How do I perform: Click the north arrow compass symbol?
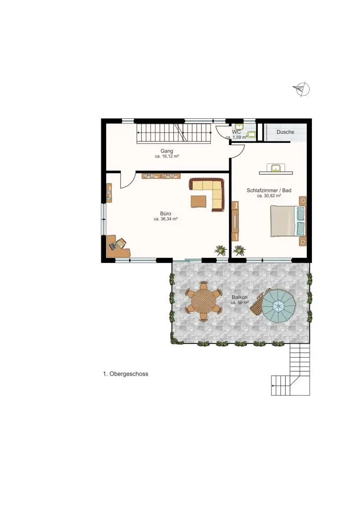302,89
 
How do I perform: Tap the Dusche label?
286,132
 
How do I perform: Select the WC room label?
237,132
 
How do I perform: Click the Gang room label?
167,151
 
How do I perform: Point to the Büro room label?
165,213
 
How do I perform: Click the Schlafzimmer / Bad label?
269,190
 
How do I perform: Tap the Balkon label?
239,297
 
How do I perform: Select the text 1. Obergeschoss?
126,374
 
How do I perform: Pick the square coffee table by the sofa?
198,201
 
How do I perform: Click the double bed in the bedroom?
288,221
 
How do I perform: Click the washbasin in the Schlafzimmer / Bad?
276,168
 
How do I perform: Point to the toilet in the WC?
251,134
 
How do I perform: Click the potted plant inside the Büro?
221,250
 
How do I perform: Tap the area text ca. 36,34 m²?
165,219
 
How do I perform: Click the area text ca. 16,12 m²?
167,156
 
